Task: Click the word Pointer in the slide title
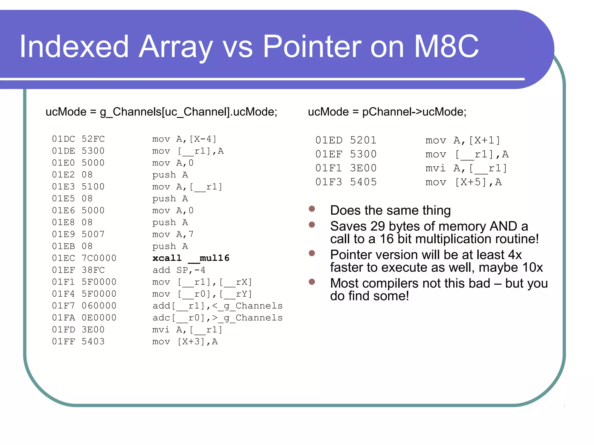click(312, 46)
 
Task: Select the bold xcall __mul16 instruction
click(191, 258)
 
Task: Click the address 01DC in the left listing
click(63, 139)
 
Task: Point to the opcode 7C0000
click(99, 258)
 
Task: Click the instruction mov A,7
click(173, 234)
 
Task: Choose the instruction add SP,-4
click(179, 270)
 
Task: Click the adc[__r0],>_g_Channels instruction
click(217, 318)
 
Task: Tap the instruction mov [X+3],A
click(185, 342)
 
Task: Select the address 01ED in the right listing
click(329, 140)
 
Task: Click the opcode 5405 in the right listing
click(363, 182)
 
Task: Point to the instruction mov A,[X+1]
click(463, 140)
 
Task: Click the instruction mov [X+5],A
click(463, 182)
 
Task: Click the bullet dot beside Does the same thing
click(312, 209)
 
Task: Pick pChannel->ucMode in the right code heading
click(414, 112)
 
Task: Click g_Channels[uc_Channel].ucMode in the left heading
click(189, 112)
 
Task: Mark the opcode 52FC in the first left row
click(93, 139)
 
